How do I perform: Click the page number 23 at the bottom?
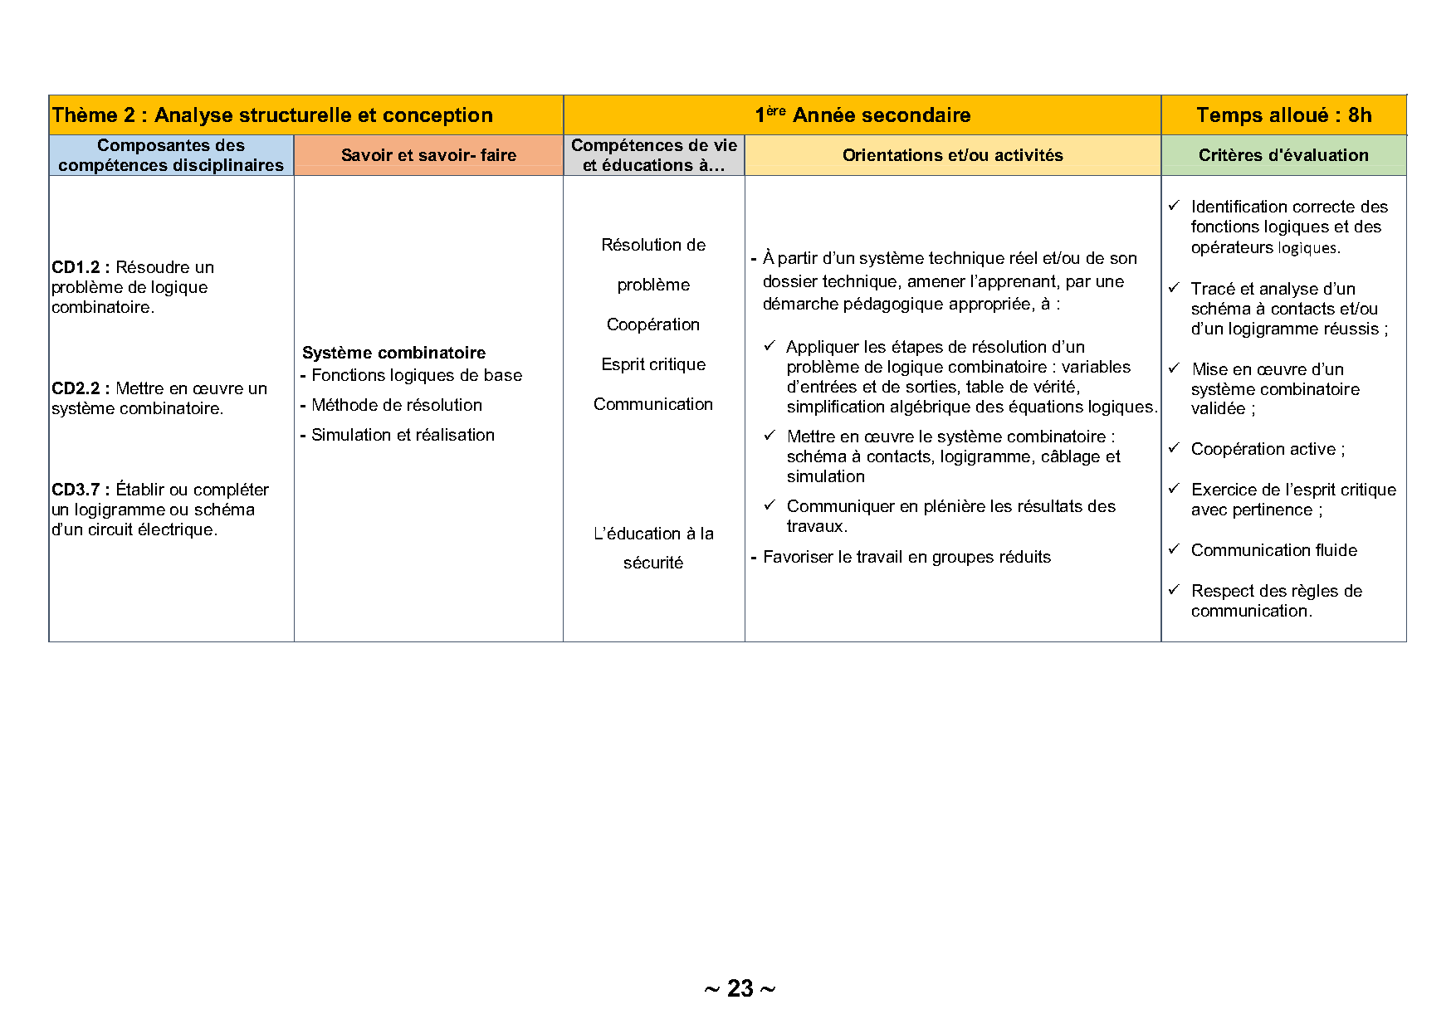pyautogui.click(x=740, y=988)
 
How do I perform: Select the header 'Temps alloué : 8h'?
pyautogui.click(x=1283, y=115)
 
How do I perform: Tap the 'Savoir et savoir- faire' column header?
pyautogui.click(x=428, y=155)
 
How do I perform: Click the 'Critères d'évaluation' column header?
pyautogui.click(x=1283, y=155)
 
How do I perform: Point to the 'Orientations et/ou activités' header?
pyautogui.click(x=952, y=155)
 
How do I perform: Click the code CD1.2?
pyautogui.click(x=76, y=267)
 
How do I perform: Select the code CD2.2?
pyautogui.click(x=76, y=388)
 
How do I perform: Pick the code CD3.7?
pyautogui.click(x=76, y=490)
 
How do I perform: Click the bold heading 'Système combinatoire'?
pyautogui.click(x=393, y=353)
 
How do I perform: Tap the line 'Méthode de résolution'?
pyautogui.click(x=397, y=405)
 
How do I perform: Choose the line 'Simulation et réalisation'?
pyautogui.click(x=403, y=435)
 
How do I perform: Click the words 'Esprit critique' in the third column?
pyautogui.click(x=653, y=364)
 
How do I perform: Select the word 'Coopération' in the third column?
pyautogui.click(x=653, y=324)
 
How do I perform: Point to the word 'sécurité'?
pyautogui.click(x=653, y=563)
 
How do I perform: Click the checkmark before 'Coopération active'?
pyautogui.click(x=1174, y=448)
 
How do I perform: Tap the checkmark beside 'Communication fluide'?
pyautogui.click(x=1174, y=549)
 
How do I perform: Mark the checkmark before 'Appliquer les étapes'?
pyautogui.click(x=770, y=346)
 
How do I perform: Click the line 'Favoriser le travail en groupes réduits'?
pyautogui.click(x=906, y=557)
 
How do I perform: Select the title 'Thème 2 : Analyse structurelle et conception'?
pyautogui.click(x=272, y=115)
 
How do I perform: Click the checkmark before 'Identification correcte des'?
pyautogui.click(x=1174, y=206)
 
